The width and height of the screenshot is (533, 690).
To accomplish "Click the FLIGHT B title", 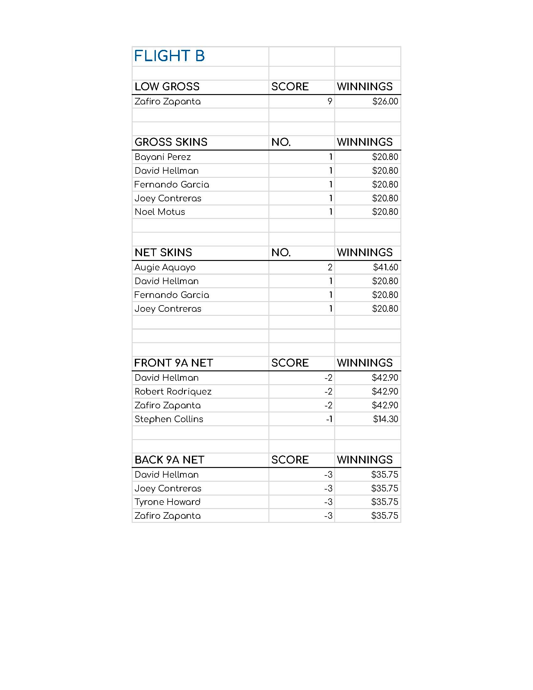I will coord(169,56).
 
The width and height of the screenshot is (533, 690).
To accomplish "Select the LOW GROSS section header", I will coord(167,87).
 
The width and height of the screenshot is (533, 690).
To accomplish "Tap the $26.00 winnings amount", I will coord(385,101).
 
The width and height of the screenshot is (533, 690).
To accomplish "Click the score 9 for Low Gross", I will coord(330,101).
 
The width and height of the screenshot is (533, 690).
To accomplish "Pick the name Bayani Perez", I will coord(163,157).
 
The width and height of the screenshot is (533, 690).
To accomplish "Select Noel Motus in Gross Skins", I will coord(160,212).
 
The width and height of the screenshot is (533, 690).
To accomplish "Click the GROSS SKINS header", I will coord(171,142).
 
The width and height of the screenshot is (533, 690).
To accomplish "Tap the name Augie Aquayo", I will coord(165,268).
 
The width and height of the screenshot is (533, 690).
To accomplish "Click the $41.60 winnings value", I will coord(385,267).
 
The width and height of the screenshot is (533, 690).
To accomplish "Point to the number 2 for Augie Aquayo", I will coord(330,267).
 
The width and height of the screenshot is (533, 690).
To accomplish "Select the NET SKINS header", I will coord(163,252).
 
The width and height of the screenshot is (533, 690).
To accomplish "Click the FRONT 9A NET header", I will coord(174,363).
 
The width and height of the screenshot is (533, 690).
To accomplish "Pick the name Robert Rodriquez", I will coord(173,392).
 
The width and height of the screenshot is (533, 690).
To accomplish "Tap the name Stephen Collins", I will coord(169,419).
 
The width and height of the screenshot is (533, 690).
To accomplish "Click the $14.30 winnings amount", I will coord(385,419).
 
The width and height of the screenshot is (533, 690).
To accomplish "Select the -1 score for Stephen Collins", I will coord(329,419).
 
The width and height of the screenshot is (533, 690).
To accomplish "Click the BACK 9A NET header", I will coord(170,460).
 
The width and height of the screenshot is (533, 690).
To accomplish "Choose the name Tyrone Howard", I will coord(167,502).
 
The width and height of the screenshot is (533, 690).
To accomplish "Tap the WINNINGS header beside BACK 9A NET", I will coord(365,460).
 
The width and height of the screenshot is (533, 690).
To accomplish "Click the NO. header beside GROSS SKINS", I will coord(281,142).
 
